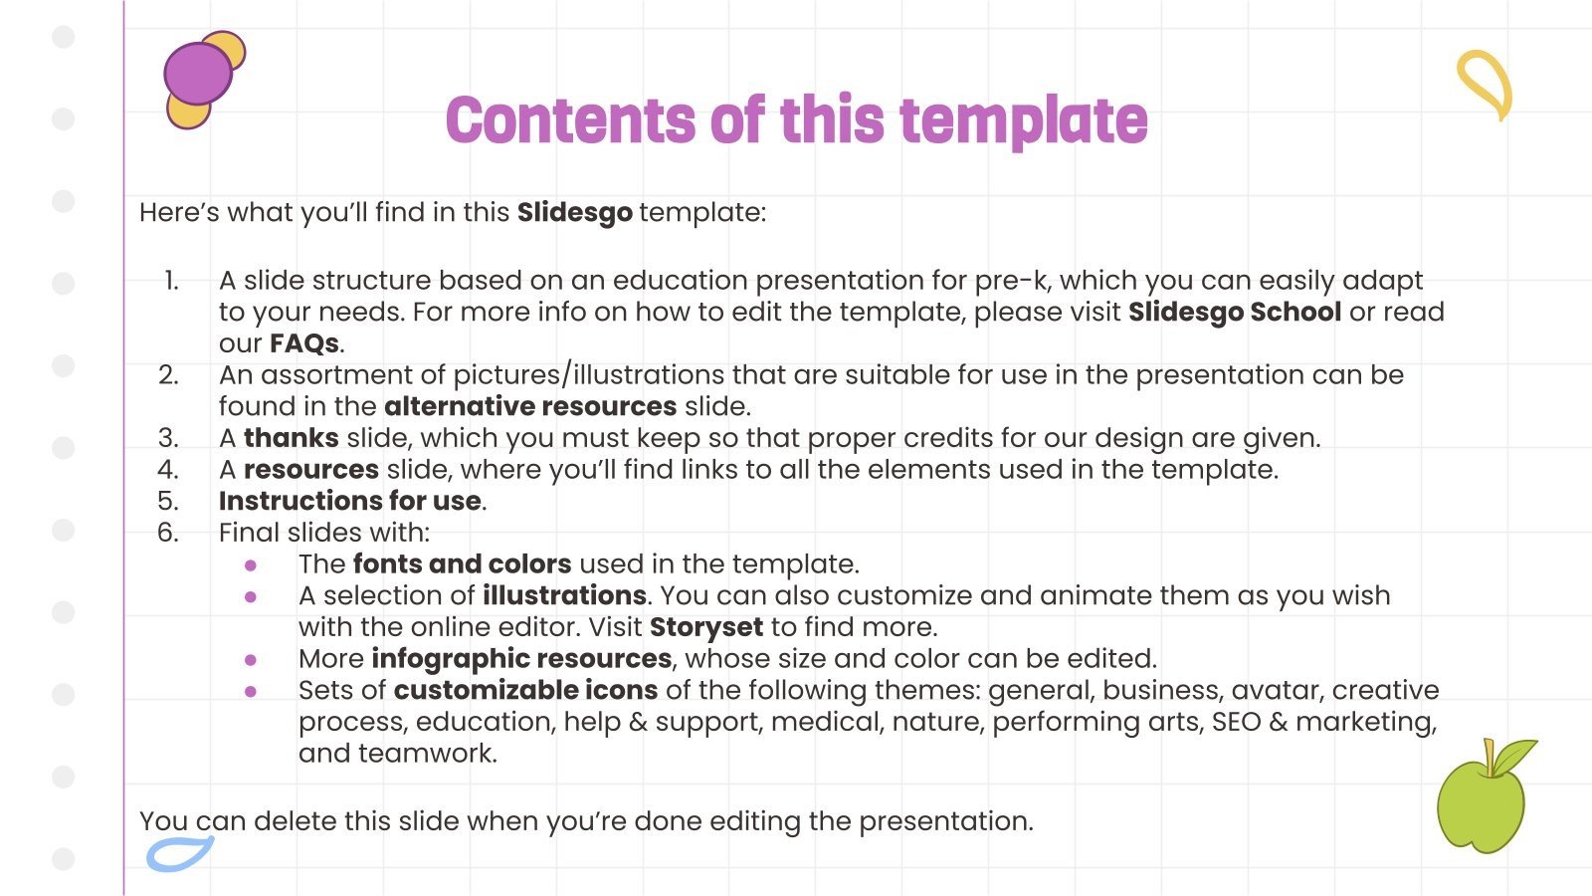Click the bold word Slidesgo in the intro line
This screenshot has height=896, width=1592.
[574, 212]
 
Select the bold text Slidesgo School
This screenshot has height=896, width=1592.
[1234, 312]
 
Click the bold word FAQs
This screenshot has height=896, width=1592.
[303, 343]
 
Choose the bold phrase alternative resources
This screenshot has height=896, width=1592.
[529, 406]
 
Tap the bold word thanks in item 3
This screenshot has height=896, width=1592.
[291, 438]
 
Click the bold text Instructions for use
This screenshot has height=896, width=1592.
[349, 501]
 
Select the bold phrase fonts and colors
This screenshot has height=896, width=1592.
[462, 563]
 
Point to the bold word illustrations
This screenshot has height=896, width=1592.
[564, 595]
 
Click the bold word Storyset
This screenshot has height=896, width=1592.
[705, 627]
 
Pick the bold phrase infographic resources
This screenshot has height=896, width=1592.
[520, 659]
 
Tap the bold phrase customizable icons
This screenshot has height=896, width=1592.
[524, 690]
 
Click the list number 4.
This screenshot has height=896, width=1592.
[168, 469]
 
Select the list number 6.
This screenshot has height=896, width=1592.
[168, 533]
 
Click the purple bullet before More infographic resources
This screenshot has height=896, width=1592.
[251, 660]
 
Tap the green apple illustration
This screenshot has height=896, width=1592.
[1479, 806]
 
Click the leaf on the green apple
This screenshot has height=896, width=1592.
[1513, 757]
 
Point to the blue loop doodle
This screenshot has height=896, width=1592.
[179, 853]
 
